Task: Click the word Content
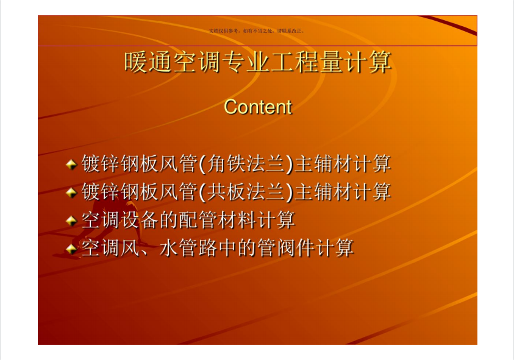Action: click(258, 107)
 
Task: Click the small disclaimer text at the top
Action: click(257, 31)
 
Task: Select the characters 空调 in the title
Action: click(197, 62)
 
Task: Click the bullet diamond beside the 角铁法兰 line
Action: click(71, 164)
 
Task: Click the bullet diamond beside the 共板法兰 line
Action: click(71, 192)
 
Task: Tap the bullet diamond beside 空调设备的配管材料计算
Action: click(71, 221)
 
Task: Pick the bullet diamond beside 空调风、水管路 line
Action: click(71, 249)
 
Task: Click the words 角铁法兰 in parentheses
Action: click(246, 163)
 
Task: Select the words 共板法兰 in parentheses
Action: click(246, 192)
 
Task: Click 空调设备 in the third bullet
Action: click(120, 220)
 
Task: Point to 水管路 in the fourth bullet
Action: click(188, 248)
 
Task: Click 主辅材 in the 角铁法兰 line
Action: click(323, 163)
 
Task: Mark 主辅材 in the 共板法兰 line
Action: click(323, 192)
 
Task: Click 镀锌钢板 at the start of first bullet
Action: click(120, 163)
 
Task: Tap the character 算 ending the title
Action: click(380, 62)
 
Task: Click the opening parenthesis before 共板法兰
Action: click(202, 192)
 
